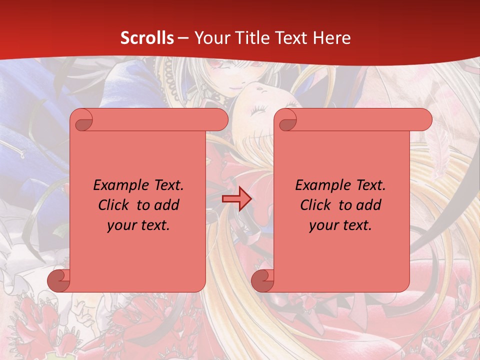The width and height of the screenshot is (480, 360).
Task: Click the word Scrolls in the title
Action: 147,38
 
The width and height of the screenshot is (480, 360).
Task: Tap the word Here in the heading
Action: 332,38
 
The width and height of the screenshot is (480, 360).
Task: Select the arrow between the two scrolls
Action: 236,199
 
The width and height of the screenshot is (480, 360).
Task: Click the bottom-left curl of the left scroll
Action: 59,280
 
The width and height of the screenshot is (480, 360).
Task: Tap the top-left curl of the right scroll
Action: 286,120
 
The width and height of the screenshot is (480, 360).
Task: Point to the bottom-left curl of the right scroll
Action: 262,280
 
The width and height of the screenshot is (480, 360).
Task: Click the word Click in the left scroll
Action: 114,205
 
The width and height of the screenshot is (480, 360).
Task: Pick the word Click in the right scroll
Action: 315,205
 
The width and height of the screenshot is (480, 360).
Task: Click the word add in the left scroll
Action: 166,205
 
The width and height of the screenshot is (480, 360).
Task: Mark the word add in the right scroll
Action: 369,205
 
